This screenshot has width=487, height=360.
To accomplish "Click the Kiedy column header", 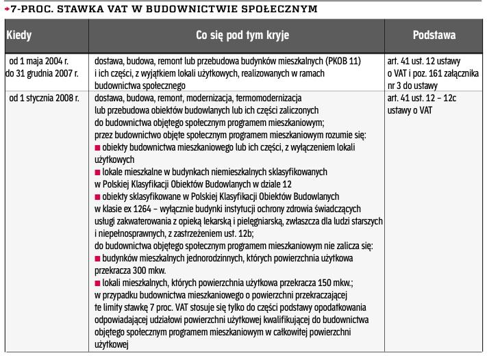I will click(x=18, y=34).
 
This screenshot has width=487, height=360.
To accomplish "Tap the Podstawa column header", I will click(x=434, y=34).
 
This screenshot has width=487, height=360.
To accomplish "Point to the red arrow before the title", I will click(x=6, y=9).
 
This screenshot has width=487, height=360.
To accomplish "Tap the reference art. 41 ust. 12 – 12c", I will click(x=423, y=98).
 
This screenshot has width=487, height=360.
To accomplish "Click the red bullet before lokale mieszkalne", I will click(x=97, y=171).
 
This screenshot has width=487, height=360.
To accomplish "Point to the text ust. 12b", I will click(x=224, y=233).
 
